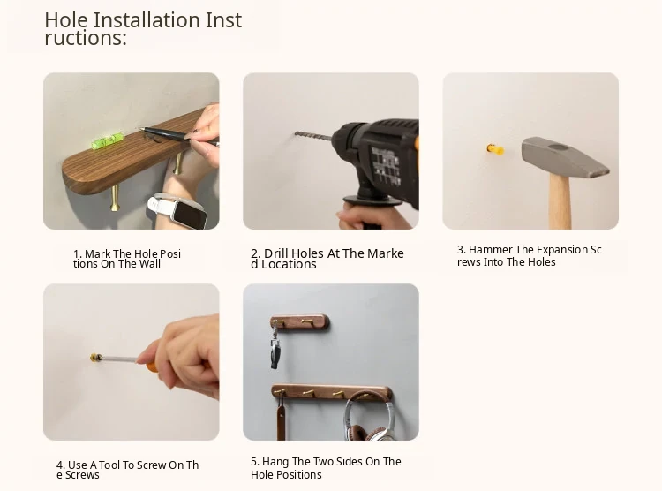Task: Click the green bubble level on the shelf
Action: pos(104,142)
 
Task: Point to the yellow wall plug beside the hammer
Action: pos(495,149)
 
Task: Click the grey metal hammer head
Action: pos(565,157)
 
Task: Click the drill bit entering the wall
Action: pos(312,136)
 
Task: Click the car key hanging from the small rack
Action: pos(275,349)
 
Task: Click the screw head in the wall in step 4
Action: pos(96,358)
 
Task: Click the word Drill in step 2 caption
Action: pos(276,253)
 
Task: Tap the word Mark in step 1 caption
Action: pos(97,254)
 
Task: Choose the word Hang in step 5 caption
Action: pos(275,462)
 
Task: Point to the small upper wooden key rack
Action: pos(300,323)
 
